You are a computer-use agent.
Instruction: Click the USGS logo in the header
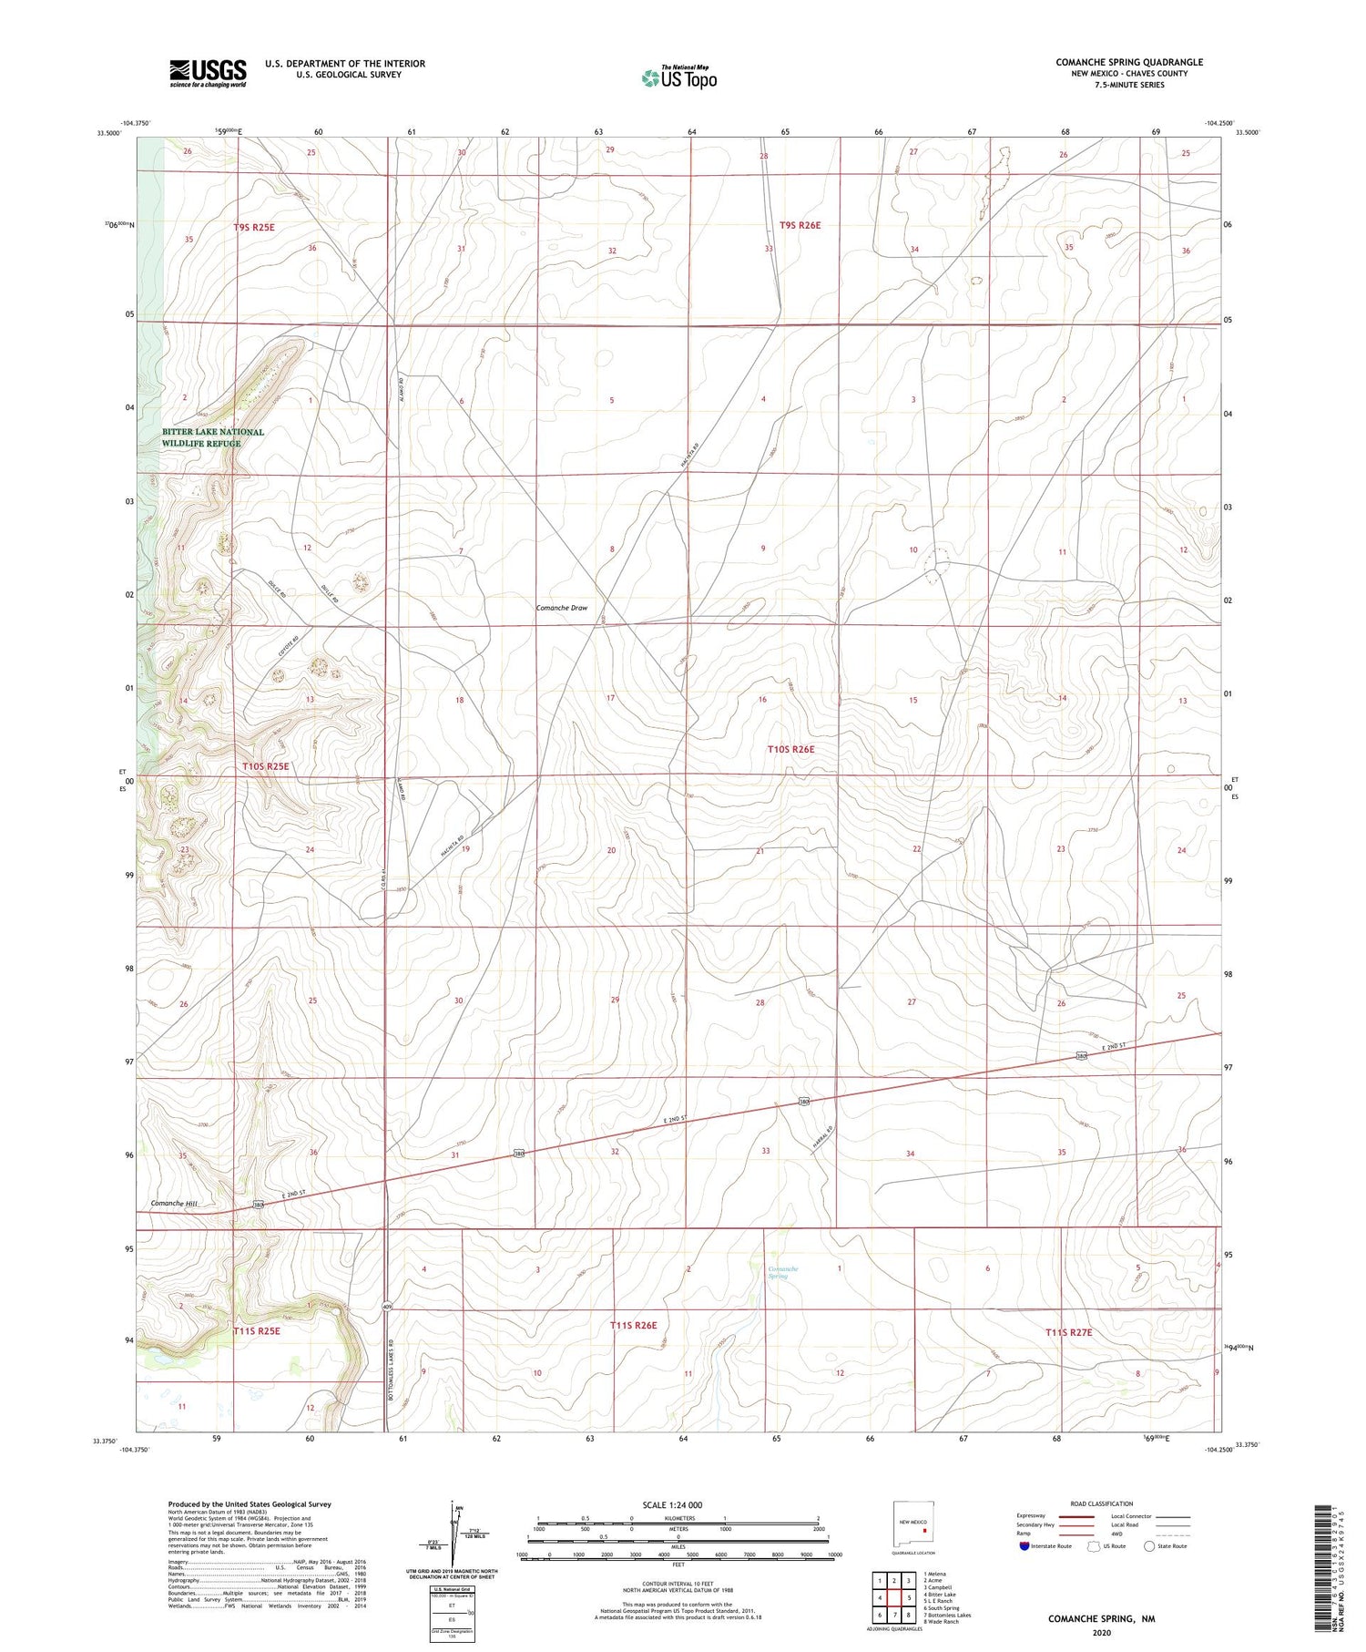pos(208,73)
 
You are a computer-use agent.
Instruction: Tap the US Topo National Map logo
pos(678,77)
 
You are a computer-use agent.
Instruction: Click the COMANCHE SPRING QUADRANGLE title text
pos(1129,62)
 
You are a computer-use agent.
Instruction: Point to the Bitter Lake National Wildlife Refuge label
pos(213,437)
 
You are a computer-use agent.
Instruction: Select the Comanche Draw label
pos(562,608)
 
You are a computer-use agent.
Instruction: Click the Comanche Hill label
pos(173,1204)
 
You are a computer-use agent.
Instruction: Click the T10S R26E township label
pos(790,749)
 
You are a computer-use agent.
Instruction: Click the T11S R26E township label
pos(633,1325)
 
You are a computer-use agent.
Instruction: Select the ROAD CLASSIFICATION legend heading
pos(1101,1503)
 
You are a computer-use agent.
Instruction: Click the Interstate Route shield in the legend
pos(1025,1546)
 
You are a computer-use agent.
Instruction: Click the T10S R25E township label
pos(266,766)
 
